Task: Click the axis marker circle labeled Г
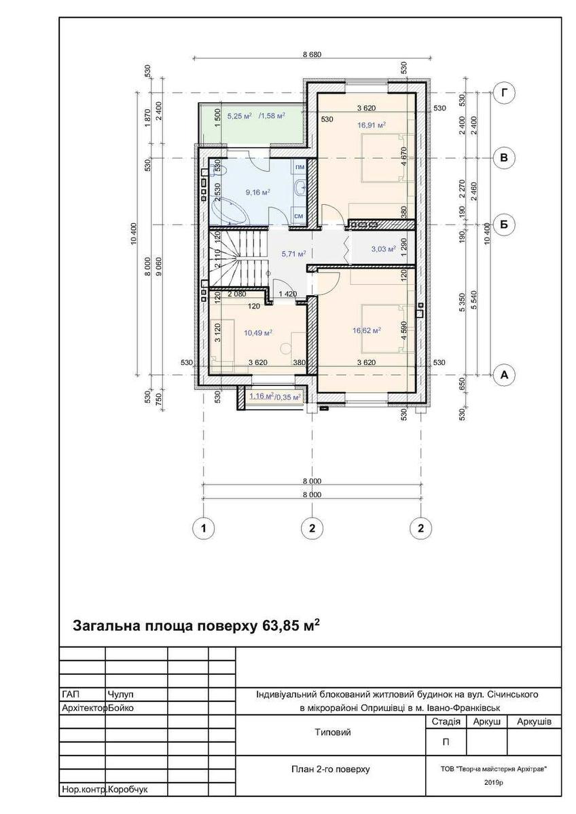(504, 93)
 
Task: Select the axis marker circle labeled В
(504, 157)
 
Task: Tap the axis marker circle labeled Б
(504, 225)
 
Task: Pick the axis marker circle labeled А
(504, 374)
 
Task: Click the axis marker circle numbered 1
(203, 528)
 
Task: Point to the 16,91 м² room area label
(371, 125)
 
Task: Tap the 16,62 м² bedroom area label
(366, 330)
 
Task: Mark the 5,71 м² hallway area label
(293, 254)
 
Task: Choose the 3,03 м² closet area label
(383, 249)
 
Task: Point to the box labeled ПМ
(300, 167)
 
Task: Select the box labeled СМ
(299, 216)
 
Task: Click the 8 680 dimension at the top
(312, 54)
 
